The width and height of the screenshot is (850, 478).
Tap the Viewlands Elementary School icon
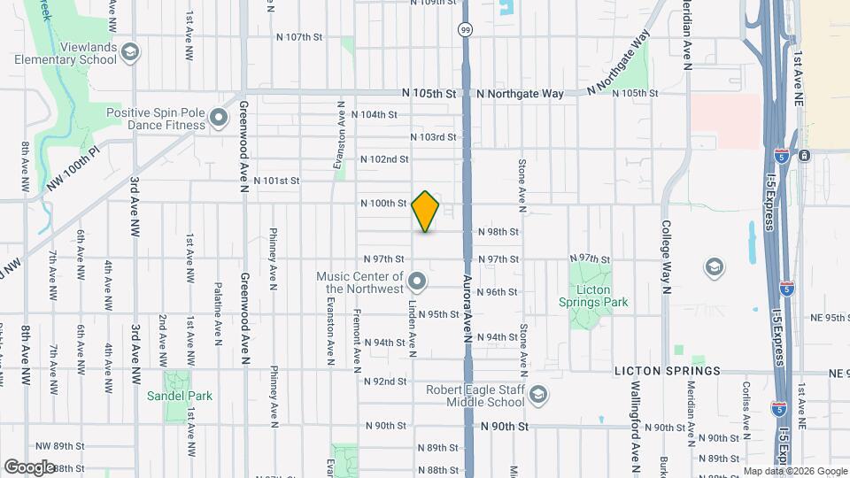(131, 53)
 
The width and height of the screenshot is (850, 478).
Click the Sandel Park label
(181, 396)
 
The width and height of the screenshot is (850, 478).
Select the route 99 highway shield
(465, 29)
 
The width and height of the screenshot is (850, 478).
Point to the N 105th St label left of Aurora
(428, 93)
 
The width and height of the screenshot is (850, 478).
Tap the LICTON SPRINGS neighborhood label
(671, 373)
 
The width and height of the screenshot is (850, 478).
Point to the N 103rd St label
(433, 137)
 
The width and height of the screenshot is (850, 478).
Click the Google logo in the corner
(29, 467)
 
